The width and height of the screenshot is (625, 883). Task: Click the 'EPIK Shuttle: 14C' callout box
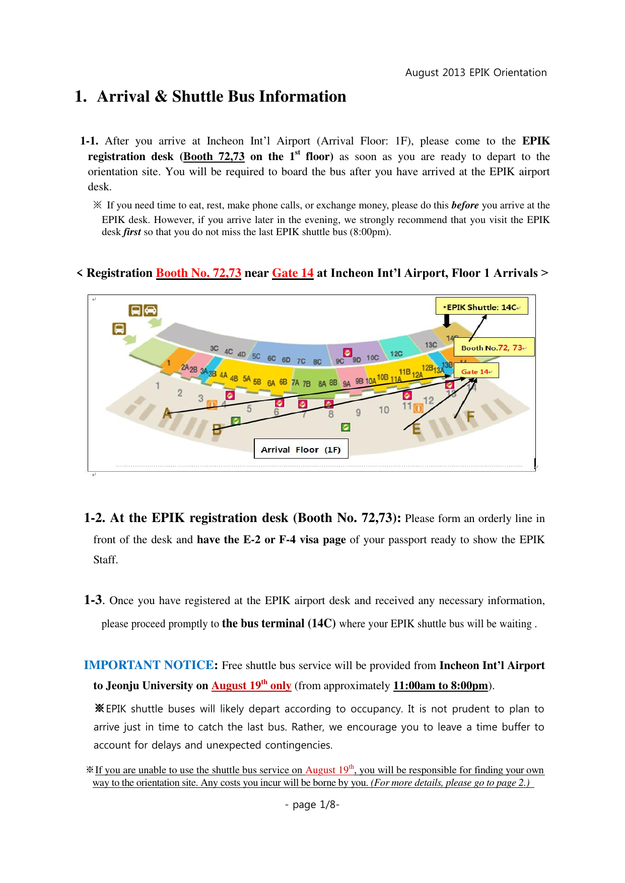(481, 307)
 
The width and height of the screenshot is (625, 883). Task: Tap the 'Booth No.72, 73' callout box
(494, 347)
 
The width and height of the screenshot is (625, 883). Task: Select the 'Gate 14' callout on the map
(476, 371)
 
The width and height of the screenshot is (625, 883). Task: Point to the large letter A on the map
(167, 413)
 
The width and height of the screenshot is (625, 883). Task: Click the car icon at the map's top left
(151, 310)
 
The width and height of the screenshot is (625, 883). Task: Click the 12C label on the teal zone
(396, 353)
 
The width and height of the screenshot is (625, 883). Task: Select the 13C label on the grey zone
(431, 345)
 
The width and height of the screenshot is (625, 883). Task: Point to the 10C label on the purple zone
(372, 357)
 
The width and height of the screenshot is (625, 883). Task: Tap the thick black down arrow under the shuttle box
(446, 321)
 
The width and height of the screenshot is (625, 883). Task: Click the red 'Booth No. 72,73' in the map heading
(198, 273)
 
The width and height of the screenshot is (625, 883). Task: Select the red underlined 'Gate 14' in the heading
(293, 273)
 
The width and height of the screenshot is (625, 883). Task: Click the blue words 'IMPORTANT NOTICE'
(149, 665)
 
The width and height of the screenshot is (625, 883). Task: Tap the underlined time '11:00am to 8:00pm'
(440, 686)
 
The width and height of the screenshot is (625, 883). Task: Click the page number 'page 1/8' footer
(312, 804)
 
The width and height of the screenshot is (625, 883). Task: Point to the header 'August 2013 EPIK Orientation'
(475, 72)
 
